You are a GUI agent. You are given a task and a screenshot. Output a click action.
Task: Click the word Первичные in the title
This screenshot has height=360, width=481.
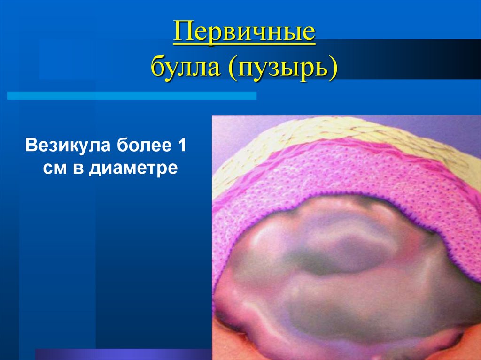pos(244,34)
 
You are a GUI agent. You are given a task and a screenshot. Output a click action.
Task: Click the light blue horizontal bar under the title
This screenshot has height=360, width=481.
pos(132,96)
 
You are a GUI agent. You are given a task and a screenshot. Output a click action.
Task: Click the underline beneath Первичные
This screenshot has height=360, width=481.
pos(244,45)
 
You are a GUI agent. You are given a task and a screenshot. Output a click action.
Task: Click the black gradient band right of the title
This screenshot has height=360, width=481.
pos(423,59)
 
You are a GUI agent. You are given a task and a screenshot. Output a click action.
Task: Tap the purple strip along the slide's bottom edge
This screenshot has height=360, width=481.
pos(117,354)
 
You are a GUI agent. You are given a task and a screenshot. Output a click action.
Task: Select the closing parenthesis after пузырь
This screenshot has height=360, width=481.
pos(334,69)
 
